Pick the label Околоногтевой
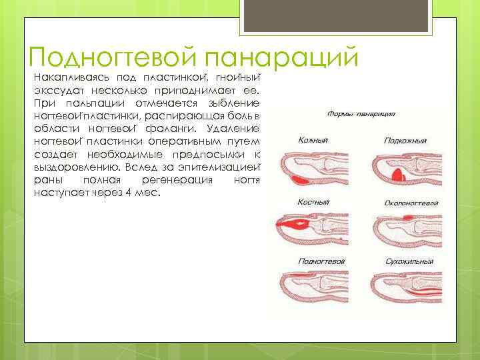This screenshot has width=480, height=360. point(411,202)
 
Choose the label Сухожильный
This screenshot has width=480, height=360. point(408,262)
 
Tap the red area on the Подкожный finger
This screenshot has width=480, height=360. point(397,174)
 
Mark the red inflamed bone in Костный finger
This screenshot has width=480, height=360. point(293,224)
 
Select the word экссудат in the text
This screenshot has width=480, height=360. point(56,90)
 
